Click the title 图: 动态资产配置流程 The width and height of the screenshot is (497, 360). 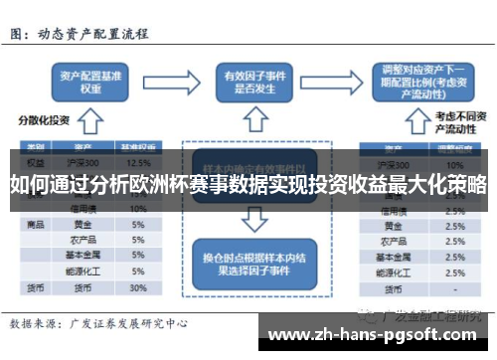[x=80, y=33]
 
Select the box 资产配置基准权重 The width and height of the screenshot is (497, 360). [x=91, y=82]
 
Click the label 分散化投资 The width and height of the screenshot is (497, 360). [x=42, y=120]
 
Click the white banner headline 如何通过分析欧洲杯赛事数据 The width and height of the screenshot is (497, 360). [x=248, y=185]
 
